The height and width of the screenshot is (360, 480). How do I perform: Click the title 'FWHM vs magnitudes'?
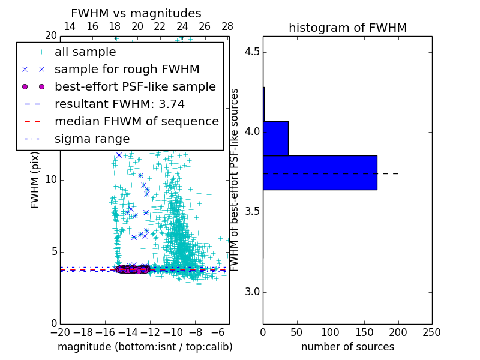pos(136,13)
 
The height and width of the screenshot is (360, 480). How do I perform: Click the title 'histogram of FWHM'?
pos(347,28)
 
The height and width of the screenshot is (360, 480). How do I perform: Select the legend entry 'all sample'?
pos(85,52)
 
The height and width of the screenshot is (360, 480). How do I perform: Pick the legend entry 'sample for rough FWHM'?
pos(127,70)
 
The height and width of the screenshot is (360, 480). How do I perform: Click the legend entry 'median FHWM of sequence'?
pos(136,121)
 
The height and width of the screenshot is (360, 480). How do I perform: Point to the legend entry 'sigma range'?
pos(92,139)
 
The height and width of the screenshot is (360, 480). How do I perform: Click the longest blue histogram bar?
pos(320,173)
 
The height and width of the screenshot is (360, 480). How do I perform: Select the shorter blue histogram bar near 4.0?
pos(275,139)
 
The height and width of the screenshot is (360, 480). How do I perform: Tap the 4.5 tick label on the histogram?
pos(255,52)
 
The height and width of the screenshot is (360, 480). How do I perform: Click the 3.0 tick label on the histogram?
pos(255,292)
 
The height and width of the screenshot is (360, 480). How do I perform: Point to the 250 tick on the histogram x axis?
pos(431,332)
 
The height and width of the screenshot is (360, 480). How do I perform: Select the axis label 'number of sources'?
pos(347,347)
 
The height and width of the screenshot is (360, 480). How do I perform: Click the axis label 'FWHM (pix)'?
pos(35,180)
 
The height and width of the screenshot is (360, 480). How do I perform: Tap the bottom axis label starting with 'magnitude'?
pos(145,347)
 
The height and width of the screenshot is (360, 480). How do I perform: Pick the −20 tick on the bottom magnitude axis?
pos(60,332)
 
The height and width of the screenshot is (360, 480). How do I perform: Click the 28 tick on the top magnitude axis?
pos(227,26)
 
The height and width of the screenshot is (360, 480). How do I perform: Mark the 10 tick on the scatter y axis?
pos(50,180)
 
